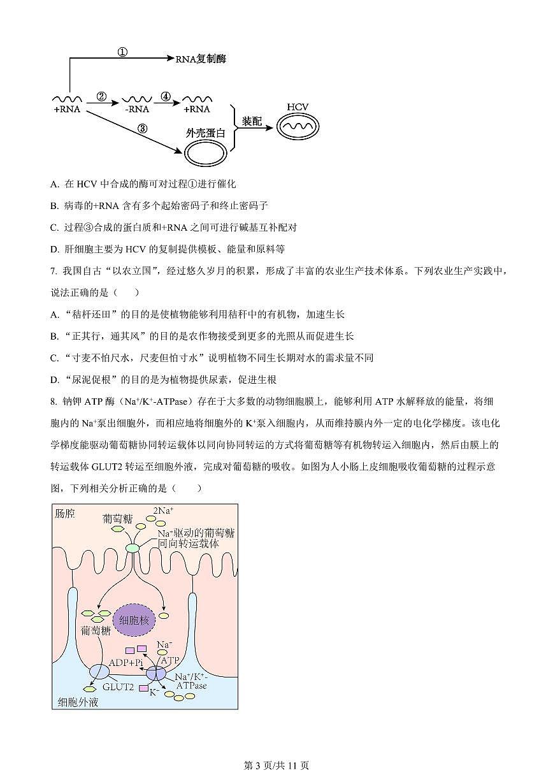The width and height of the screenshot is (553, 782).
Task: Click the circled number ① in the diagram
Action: click(123, 52)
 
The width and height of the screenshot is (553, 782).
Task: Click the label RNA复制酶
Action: click(201, 59)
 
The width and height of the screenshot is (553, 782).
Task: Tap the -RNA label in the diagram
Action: click(137, 109)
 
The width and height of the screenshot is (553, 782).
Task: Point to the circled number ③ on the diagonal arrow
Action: click(142, 128)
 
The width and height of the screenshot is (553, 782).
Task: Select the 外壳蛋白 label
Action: click(205, 133)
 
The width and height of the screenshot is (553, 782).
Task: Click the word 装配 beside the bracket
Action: click(252, 121)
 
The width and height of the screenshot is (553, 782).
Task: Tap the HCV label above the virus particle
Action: click(297, 106)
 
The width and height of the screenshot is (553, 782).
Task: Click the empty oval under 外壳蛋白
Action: click(205, 154)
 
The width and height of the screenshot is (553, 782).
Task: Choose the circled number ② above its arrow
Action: click(101, 97)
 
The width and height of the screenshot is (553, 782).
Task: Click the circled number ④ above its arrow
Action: click(166, 97)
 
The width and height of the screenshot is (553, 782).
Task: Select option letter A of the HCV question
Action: click(54, 184)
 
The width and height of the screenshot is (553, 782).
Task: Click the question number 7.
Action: click(54, 272)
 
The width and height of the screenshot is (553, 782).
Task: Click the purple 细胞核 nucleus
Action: click(134, 619)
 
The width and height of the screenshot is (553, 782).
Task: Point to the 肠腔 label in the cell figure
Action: click(64, 513)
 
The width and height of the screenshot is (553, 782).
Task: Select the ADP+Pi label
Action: click(126, 663)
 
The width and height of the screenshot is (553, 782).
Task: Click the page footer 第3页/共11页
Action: click(276, 765)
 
